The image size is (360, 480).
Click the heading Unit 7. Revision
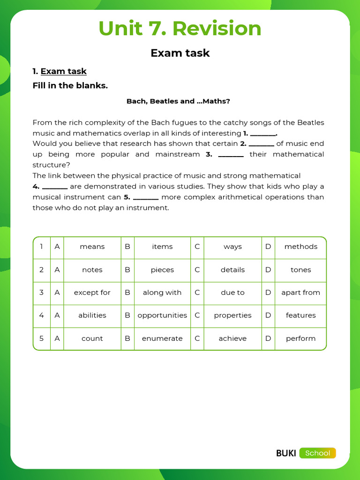click(180, 29)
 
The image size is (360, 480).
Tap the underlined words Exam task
click(63, 71)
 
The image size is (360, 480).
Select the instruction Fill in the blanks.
click(70, 86)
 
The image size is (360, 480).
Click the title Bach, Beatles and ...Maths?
click(178, 101)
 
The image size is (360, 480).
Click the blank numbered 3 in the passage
click(231, 155)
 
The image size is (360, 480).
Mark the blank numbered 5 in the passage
click(146, 197)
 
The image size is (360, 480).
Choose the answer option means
click(92, 247)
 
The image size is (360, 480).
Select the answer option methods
click(300, 247)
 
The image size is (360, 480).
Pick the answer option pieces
click(162, 270)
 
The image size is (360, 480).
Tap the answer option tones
click(300, 270)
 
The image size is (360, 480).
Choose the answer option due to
click(232, 292)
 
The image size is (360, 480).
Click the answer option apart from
click(300, 292)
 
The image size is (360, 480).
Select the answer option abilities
click(92, 315)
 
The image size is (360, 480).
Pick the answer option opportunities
click(162, 315)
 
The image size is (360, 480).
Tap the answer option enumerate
click(162, 338)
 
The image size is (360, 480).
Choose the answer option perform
click(300, 338)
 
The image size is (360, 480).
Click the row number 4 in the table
click(41, 315)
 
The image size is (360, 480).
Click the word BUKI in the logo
click(286, 453)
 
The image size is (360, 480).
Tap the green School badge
click(318, 453)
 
